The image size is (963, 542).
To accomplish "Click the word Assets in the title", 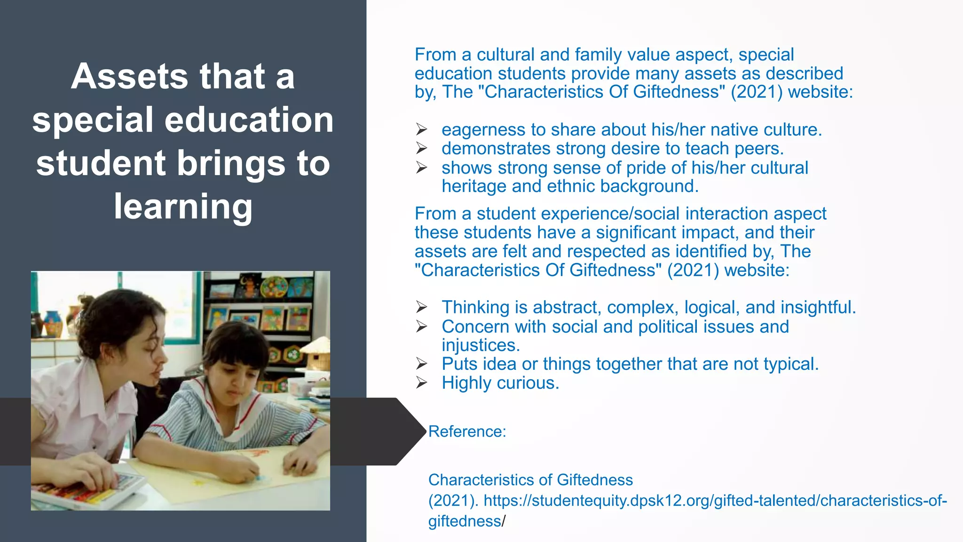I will coord(128,77).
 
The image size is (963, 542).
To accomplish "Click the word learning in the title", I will coord(183,207).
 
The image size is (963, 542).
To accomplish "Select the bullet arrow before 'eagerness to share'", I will coord(421,129).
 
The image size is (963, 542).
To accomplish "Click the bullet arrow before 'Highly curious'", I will coord(421,383).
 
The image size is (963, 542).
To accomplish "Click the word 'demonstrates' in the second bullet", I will coord(496,149).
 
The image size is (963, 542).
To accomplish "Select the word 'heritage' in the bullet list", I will coord(474,186).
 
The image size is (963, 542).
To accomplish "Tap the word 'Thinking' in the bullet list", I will coord(475,307).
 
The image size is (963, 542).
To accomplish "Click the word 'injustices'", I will coord(480,345).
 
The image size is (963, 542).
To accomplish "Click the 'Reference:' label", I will coord(467,431).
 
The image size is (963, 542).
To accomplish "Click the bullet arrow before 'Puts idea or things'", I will coord(421,364).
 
